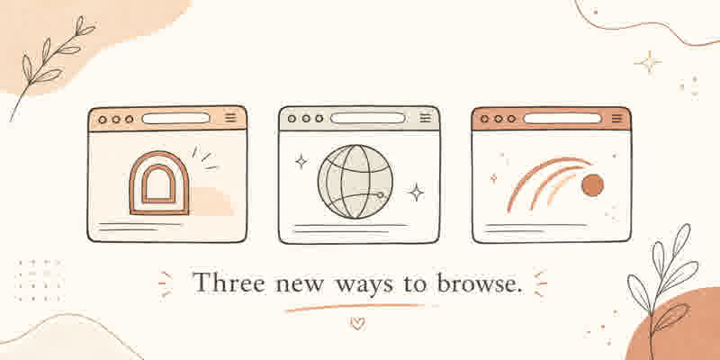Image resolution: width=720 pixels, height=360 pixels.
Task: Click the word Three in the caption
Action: point(229,283)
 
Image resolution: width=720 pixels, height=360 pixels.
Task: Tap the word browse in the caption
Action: point(479,283)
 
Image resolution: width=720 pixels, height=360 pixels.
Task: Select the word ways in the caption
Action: point(364,285)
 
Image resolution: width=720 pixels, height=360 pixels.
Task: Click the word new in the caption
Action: point(301,285)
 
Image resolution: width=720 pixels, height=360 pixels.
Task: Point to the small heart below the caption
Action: point(357,323)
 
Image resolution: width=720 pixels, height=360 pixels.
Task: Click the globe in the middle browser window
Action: point(355,182)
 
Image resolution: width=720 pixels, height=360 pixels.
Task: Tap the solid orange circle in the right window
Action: point(592,185)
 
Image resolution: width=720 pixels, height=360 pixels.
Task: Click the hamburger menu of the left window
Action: point(230,118)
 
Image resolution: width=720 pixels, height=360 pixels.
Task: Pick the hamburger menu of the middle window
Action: point(426,118)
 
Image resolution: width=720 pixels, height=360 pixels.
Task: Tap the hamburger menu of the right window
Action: point(616,119)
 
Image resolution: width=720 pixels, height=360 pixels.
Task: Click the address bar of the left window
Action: point(175,119)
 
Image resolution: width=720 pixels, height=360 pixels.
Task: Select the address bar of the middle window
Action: point(368,118)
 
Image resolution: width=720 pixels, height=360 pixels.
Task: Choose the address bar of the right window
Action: point(562,119)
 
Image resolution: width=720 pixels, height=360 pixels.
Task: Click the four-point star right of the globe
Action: point(416,193)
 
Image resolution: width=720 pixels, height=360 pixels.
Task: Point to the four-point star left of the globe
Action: point(301,161)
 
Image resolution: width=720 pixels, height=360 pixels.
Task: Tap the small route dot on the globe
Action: point(380,195)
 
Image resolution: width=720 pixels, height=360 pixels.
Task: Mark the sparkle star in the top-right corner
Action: point(648,61)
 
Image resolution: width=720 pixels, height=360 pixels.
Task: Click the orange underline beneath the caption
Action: point(354,307)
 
